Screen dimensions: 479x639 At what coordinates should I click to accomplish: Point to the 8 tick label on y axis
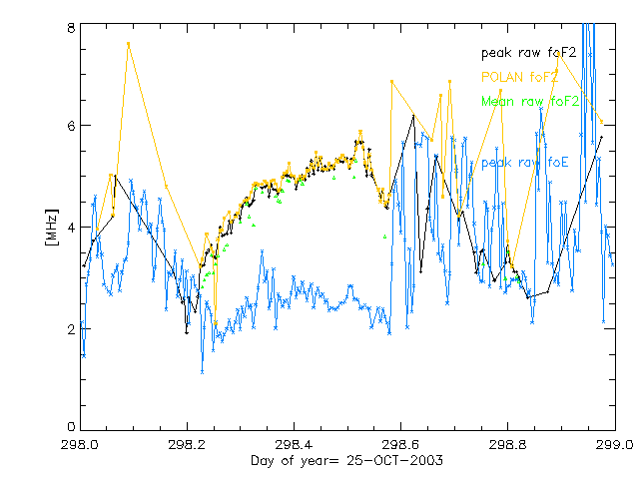71,29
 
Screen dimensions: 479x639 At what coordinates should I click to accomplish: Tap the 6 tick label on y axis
71,126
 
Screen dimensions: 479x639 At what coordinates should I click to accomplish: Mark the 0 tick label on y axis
71,428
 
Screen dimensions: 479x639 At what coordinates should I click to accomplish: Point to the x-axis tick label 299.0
613,443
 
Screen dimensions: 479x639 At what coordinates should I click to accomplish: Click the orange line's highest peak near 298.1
128,44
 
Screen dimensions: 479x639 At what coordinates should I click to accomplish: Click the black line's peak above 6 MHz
413,116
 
